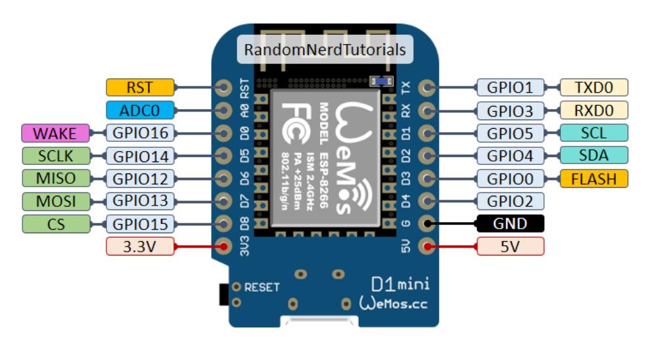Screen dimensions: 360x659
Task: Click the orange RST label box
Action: point(140,87)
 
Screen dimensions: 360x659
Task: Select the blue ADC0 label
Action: point(140,110)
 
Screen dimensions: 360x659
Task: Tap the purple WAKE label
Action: point(55,133)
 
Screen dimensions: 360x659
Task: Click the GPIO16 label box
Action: point(140,133)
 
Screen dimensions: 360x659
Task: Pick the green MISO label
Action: point(55,178)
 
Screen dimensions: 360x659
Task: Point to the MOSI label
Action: point(55,200)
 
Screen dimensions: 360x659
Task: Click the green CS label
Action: point(55,223)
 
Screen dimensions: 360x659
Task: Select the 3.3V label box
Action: point(140,246)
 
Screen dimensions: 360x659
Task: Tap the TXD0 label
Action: point(593,87)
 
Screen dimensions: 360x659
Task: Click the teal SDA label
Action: point(593,155)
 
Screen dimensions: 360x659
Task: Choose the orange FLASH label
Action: point(593,178)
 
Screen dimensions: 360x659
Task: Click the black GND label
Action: point(511,223)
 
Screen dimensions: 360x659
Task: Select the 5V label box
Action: point(511,246)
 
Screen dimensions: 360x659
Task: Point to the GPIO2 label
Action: point(511,200)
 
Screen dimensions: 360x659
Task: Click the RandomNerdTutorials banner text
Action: point(325,50)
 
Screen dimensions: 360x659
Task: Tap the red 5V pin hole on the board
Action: point(428,247)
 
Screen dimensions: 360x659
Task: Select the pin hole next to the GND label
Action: point(428,224)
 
